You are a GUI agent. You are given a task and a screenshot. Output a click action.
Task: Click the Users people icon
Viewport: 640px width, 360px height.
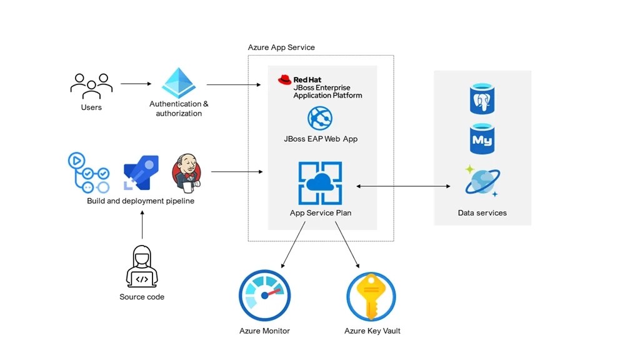coord(91,86)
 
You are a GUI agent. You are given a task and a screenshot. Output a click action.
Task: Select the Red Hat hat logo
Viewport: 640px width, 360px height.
coord(285,79)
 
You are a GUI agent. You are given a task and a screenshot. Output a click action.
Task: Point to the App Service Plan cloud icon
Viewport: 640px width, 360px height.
coord(320,182)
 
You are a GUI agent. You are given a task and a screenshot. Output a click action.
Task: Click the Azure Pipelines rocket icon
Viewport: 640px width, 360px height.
coord(141,172)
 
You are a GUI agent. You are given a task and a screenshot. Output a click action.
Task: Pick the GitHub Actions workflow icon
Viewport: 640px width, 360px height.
coord(88,172)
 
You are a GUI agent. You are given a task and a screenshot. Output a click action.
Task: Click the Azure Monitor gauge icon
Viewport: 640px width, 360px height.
coord(265,295)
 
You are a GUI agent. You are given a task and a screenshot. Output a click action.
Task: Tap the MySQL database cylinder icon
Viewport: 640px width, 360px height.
coord(482,139)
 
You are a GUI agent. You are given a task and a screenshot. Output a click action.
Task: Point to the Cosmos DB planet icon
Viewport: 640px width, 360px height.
coord(482,182)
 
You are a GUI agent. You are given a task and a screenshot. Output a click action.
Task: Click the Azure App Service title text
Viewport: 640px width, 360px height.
coord(281,47)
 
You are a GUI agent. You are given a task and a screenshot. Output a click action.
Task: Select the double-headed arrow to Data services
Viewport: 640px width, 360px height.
coord(404,186)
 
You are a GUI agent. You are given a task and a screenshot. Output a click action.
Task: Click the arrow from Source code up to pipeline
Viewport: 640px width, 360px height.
coord(142,225)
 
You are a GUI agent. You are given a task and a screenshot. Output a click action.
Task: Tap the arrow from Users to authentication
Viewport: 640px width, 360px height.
coord(136,83)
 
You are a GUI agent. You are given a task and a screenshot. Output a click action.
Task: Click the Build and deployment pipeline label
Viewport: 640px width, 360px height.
coord(141,201)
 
